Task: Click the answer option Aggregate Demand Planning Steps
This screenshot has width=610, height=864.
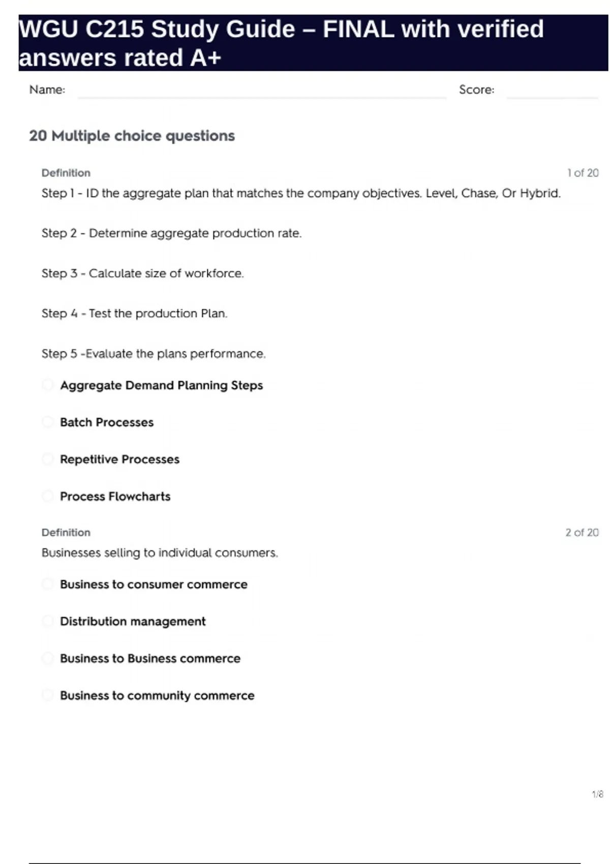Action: coord(161,385)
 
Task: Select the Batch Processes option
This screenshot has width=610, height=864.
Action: coord(107,422)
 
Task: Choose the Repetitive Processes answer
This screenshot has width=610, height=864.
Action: coord(119,459)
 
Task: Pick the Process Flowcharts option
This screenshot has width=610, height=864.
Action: coord(115,497)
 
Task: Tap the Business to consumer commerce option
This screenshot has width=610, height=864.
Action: coord(154,584)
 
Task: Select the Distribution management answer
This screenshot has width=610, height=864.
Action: coord(133,622)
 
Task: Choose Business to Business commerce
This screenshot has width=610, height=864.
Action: coord(150,659)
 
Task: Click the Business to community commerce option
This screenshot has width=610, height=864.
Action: coord(157,696)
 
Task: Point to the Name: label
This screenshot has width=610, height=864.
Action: coord(47,90)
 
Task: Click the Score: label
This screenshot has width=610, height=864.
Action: coord(476,90)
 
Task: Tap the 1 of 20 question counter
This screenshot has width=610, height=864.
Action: coord(583,173)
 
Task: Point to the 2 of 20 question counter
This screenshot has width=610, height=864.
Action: coord(582,533)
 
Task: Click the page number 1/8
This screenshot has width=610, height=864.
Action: coord(597,794)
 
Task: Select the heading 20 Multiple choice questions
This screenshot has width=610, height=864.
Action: coord(132,136)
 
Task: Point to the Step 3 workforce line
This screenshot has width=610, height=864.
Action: coord(143,273)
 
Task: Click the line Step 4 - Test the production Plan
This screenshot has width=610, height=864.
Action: coord(134,314)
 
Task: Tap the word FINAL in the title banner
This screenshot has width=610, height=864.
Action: coord(358,29)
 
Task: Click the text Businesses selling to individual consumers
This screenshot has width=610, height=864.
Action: coord(160,553)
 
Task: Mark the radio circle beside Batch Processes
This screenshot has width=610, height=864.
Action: coord(48,422)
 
